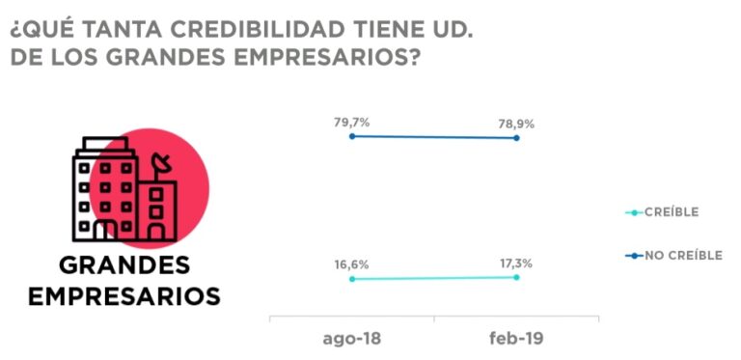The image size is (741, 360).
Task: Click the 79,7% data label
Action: pos(352,122)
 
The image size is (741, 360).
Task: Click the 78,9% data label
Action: pos(517,124)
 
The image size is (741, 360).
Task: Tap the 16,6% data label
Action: pos(352,263)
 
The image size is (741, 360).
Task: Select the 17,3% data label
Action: pos(517,263)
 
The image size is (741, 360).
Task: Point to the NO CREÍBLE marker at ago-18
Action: pos(352,136)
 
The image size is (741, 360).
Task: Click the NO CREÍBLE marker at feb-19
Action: pos(517,138)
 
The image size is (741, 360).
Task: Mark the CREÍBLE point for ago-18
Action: pos(352,279)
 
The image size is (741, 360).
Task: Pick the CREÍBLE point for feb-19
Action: pos(517,277)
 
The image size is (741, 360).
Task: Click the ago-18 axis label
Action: pos(351,340)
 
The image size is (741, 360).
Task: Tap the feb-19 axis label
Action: pos(517,340)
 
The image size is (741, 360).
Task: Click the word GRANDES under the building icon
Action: pos(124,266)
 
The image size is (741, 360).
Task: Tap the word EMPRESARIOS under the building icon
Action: pos(124,295)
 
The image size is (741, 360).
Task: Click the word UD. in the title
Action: pos(450,27)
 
